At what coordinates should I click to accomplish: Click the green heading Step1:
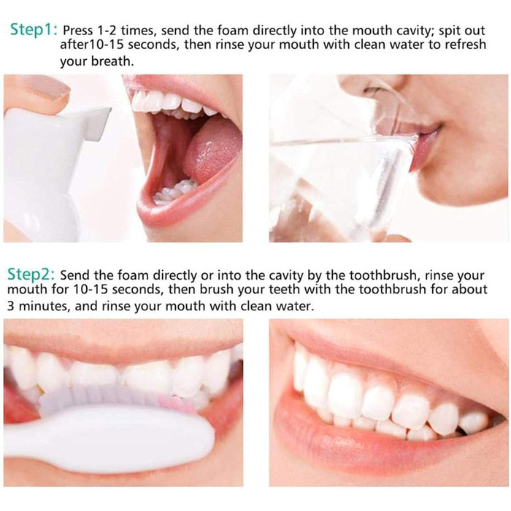(x=34, y=30)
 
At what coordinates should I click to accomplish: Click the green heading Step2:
(x=31, y=274)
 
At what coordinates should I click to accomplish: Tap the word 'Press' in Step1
(x=78, y=31)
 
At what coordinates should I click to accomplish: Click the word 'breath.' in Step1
(x=112, y=61)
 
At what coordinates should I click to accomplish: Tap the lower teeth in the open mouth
(x=176, y=191)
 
